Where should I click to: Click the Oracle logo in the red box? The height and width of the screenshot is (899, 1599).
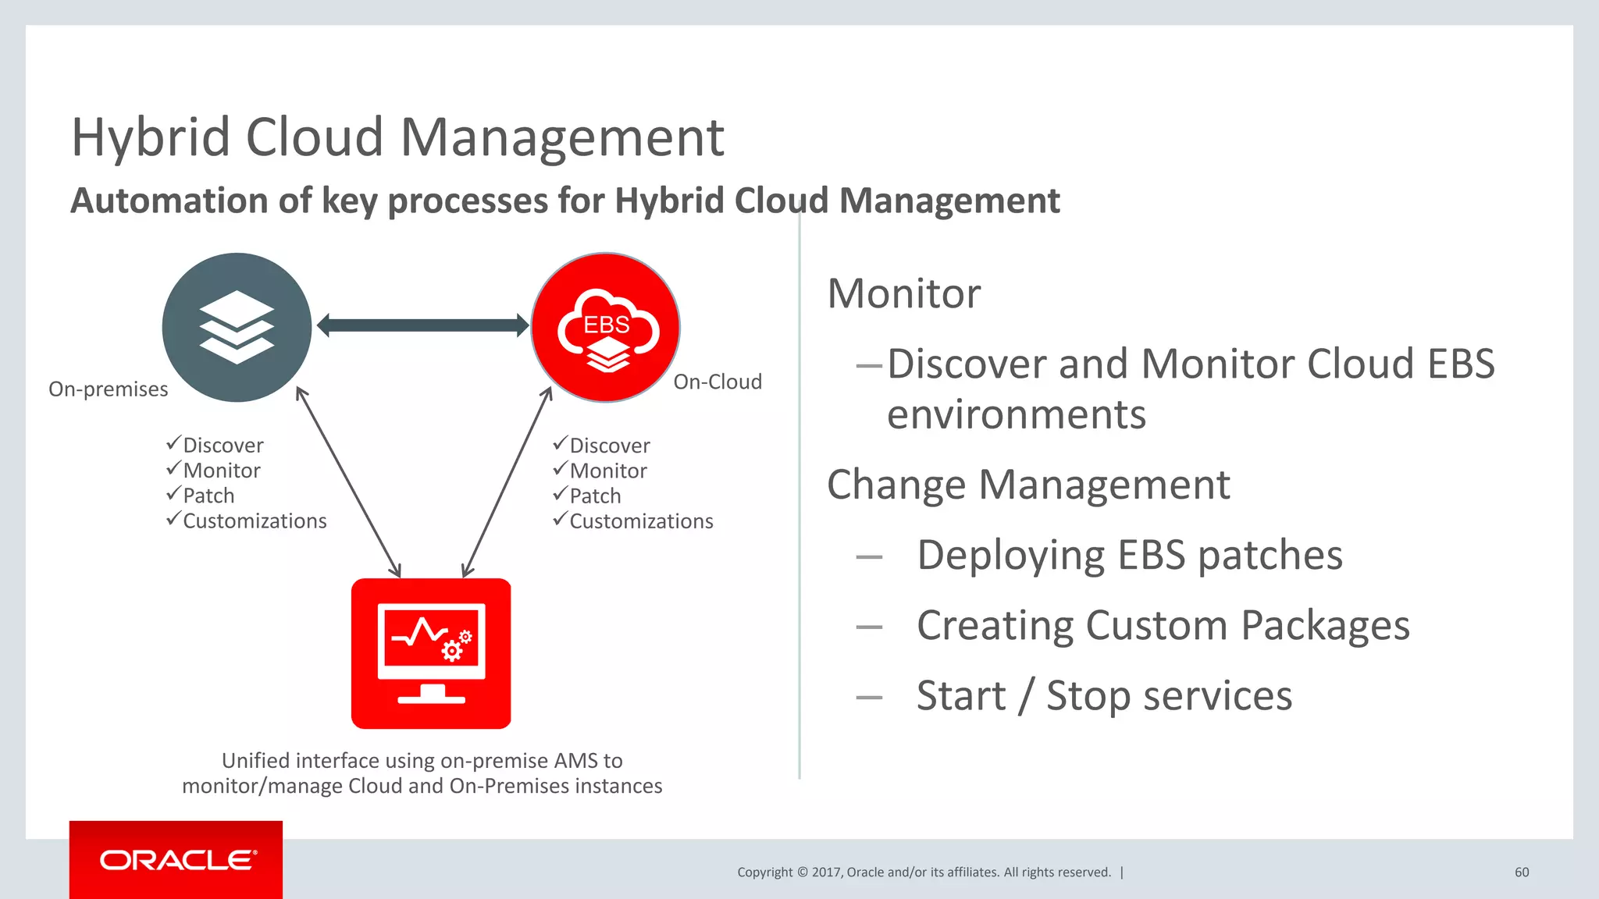point(177,860)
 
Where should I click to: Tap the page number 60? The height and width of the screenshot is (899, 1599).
point(1521,872)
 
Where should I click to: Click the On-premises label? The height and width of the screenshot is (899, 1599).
point(108,389)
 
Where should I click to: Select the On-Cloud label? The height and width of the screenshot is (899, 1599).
point(718,382)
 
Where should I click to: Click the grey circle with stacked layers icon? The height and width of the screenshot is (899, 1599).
point(237,327)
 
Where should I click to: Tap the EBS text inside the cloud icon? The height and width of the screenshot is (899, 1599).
point(607,325)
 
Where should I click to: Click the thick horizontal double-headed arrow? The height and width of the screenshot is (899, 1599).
point(422,325)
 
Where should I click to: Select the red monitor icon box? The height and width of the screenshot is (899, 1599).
point(431,654)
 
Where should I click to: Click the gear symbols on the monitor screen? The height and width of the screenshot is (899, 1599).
point(457,646)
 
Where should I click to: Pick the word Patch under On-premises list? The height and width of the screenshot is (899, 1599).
point(208,496)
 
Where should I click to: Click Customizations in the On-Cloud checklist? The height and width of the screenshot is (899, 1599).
point(641,521)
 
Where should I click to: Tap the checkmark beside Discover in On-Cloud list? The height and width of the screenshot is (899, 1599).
point(560,443)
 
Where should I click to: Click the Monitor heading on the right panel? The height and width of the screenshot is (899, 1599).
point(903,294)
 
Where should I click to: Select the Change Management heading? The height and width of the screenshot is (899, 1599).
point(1027,485)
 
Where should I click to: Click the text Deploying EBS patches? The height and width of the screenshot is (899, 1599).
point(1129,556)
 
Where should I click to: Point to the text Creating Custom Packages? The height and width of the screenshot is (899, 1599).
point(1163,626)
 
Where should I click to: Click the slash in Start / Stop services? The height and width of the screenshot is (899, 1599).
point(1026,696)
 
